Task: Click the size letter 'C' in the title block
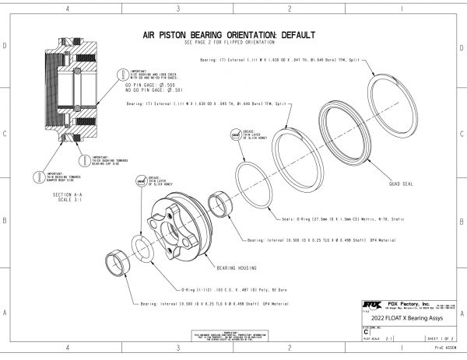[365, 331]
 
